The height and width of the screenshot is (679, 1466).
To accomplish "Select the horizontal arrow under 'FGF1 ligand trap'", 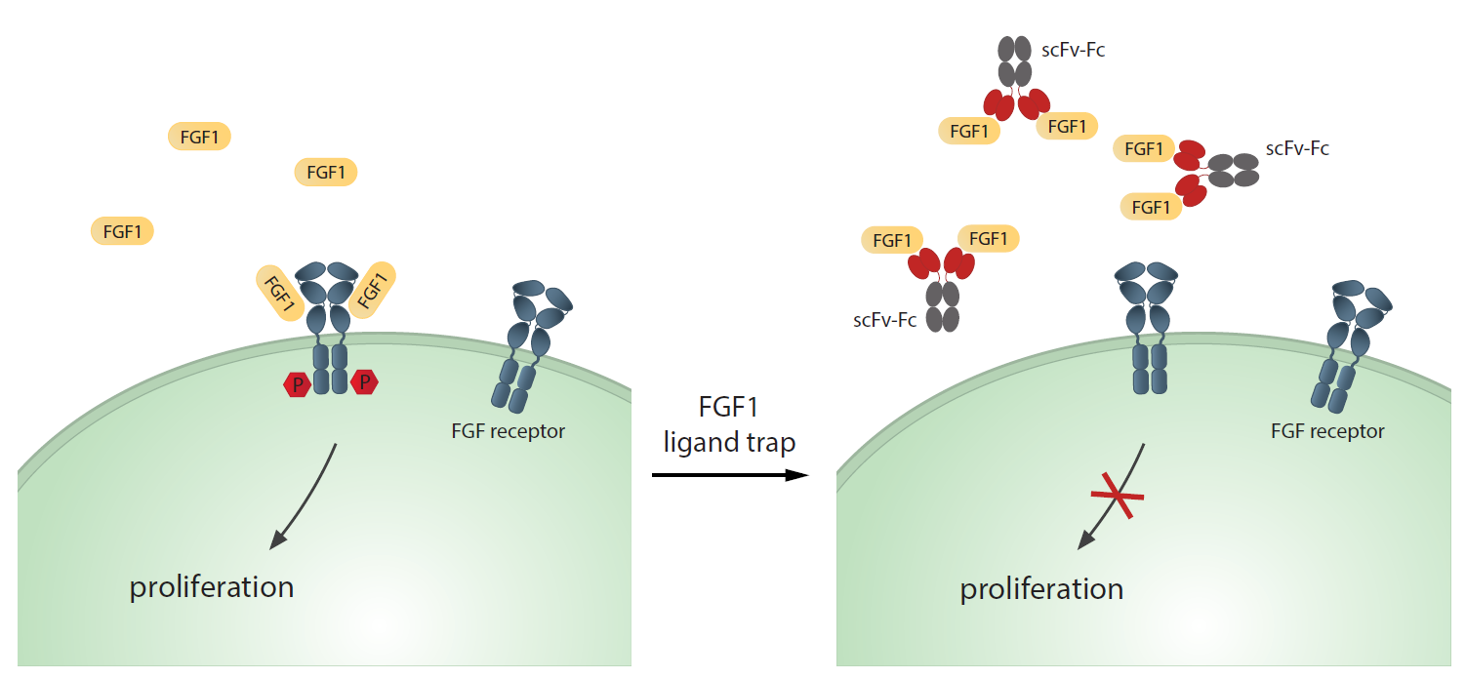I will pyautogui.click(x=730, y=475).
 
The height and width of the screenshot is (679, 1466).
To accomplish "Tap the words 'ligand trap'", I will pyautogui.click(x=730, y=442).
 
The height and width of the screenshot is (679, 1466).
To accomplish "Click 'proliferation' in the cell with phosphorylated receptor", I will pyautogui.click(x=212, y=586).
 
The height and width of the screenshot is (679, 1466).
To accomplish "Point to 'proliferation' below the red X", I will pyautogui.click(x=1041, y=588).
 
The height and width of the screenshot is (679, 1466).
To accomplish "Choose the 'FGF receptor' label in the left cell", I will pyautogui.click(x=509, y=430).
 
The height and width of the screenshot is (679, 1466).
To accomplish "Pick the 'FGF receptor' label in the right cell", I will pyautogui.click(x=1327, y=430).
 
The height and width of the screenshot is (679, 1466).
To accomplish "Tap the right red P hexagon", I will pyautogui.click(x=365, y=382).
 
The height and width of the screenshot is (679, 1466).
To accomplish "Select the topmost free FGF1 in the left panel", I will pyautogui.click(x=199, y=137).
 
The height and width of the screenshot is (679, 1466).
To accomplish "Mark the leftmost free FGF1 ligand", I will pyautogui.click(x=122, y=231).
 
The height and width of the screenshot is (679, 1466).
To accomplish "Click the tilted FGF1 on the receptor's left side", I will pyautogui.click(x=279, y=293).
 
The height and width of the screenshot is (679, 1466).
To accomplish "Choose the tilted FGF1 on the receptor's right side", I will pyautogui.click(x=372, y=289).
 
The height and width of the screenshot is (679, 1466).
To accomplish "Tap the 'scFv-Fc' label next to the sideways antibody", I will pyautogui.click(x=1297, y=149).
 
